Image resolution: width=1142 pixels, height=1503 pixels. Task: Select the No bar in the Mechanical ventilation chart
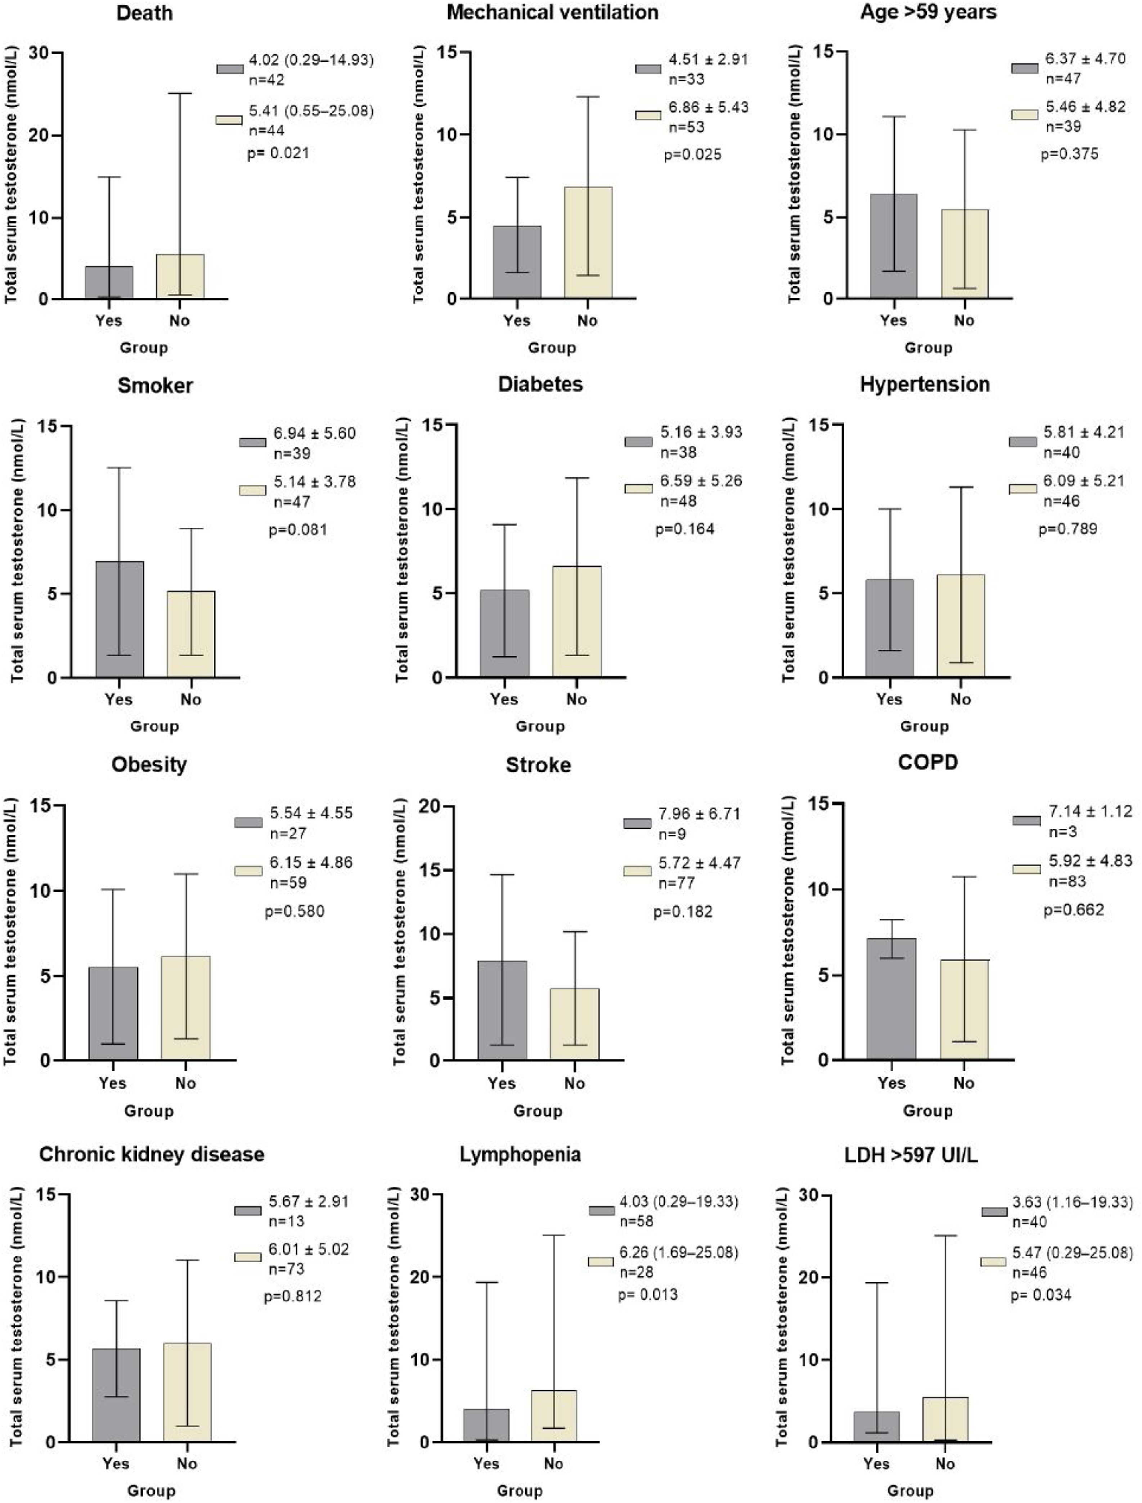[x=588, y=243]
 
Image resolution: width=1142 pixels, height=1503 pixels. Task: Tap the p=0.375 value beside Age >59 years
[x=1069, y=154]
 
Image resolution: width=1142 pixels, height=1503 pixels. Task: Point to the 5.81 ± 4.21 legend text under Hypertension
[x=1084, y=432]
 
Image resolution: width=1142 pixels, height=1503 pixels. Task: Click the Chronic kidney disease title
[x=152, y=1154]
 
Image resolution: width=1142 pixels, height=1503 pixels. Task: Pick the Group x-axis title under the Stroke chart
[x=538, y=1111]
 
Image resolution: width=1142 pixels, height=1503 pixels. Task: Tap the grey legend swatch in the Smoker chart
[x=252, y=442]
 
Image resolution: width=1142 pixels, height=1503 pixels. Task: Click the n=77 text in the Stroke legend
[x=672, y=883]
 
